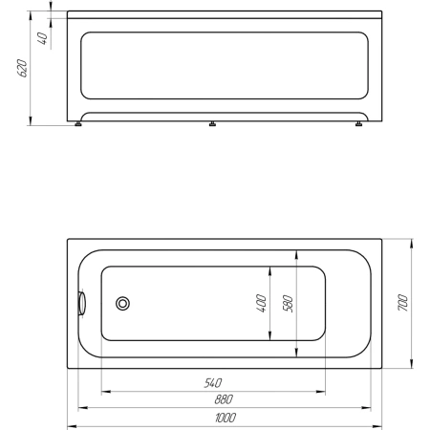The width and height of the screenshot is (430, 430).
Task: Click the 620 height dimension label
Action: [22, 68]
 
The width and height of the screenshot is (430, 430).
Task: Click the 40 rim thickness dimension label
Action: [43, 38]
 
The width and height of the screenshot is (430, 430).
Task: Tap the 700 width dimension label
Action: [402, 303]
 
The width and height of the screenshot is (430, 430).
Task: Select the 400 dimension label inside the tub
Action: [261, 304]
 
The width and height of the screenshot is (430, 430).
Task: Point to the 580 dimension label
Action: [288, 304]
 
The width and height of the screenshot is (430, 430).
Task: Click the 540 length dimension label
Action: [213, 382]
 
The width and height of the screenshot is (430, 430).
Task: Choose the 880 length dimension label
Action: [224, 399]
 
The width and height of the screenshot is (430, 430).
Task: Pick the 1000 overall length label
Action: [226, 418]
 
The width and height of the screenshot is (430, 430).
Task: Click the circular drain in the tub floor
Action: [122, 303]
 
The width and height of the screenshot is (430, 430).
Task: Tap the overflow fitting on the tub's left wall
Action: [82, 303]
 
